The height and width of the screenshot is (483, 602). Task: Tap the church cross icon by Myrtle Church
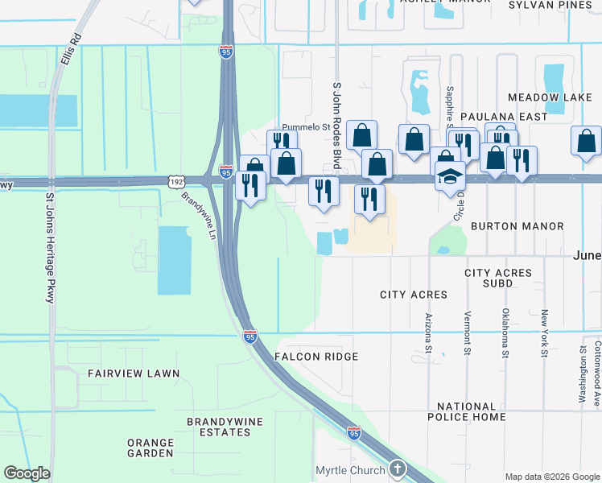[x=396, y=469]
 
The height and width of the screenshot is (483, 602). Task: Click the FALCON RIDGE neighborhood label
[x=315, y=356]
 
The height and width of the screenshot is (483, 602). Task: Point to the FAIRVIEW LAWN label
[x=134, y=374]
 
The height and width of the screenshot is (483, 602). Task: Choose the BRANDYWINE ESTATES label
[x=219, y=427]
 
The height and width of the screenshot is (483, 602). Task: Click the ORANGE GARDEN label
[x=150, y=448]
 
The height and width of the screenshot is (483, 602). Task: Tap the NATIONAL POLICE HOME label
[x=472, y=411]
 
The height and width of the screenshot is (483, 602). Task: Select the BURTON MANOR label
[x=517, y=226]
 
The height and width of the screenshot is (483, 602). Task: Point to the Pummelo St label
[x=306, y=127]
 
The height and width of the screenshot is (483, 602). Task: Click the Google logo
[x=27, y=473]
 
